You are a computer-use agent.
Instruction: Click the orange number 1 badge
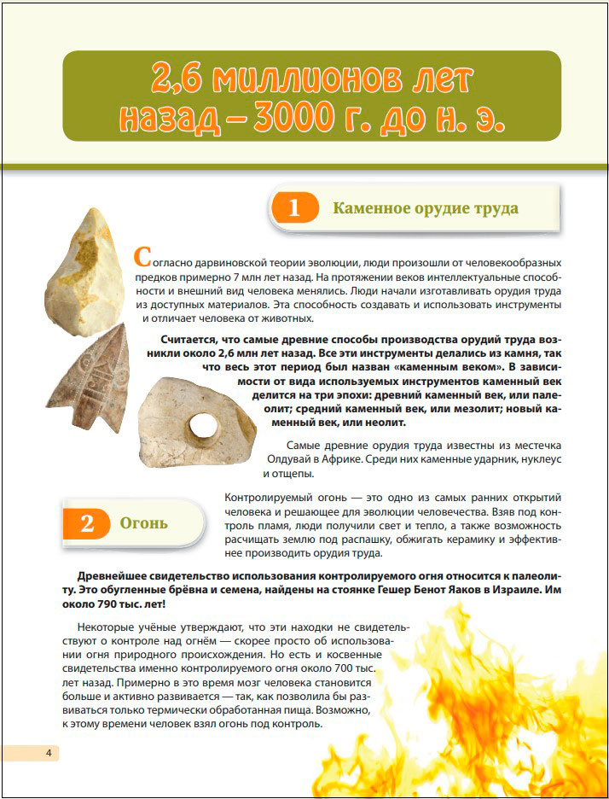[294, 208]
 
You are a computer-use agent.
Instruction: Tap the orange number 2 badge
[86, 523]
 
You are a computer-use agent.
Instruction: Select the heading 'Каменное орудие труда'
[425, 208]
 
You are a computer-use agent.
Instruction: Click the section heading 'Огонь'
[143, 523]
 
